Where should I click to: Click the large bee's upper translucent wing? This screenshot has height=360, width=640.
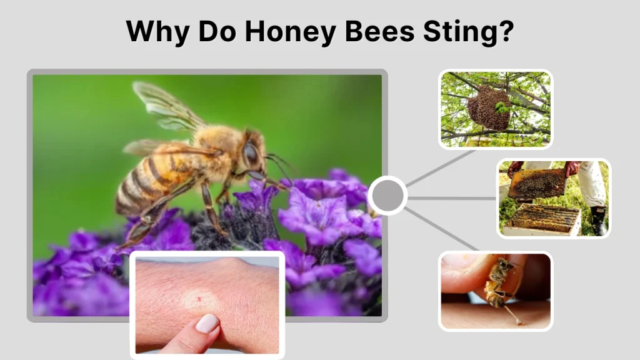[166, 103]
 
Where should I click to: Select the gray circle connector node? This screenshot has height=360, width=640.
[387, 196]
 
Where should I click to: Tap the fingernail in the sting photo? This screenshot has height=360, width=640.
[207, 324]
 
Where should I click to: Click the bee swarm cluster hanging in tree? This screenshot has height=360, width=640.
[489, 107]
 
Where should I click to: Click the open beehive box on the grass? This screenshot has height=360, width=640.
[542, 219]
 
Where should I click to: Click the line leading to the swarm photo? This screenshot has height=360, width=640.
[440, 167]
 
